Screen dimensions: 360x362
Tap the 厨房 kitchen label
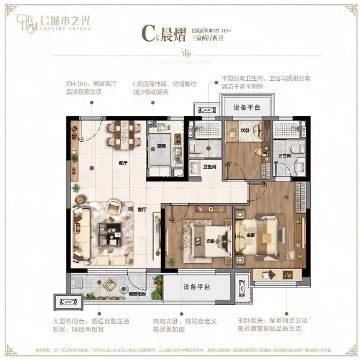[x=161, y=146]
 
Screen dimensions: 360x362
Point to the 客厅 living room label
[x=142, y=209]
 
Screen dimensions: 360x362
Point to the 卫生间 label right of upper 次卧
[x=285, y=156]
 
